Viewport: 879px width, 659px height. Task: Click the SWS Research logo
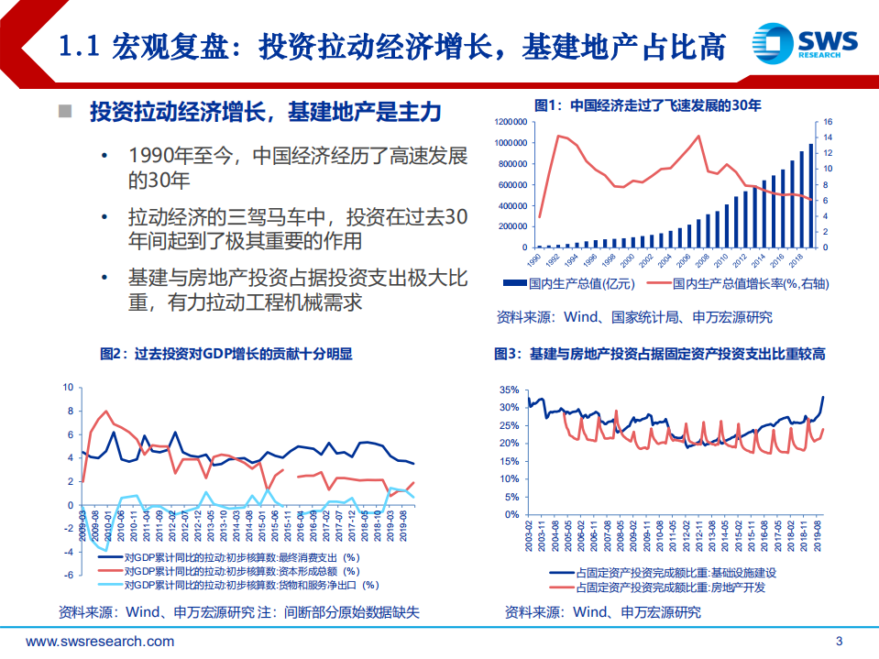pos(804,41)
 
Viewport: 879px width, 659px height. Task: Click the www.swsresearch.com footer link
pos(100,641)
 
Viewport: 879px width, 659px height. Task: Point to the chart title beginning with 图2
pos(225,354)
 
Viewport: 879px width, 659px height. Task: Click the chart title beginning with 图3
pos(660,354)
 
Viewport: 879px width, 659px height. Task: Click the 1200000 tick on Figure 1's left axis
pos(511,122)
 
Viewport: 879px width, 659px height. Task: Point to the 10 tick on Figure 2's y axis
pos(66,387)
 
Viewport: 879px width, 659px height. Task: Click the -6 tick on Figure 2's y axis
pos(66,575)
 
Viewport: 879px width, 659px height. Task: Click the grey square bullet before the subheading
pos(65,112)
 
